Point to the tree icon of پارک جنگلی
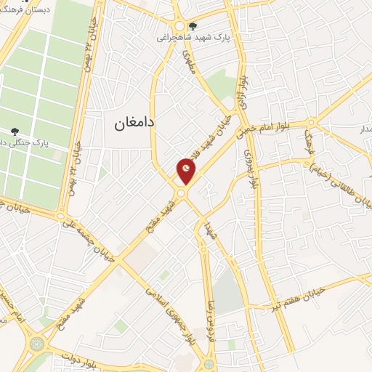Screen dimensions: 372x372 point(15,132)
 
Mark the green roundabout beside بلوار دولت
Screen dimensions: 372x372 point(37,343)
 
